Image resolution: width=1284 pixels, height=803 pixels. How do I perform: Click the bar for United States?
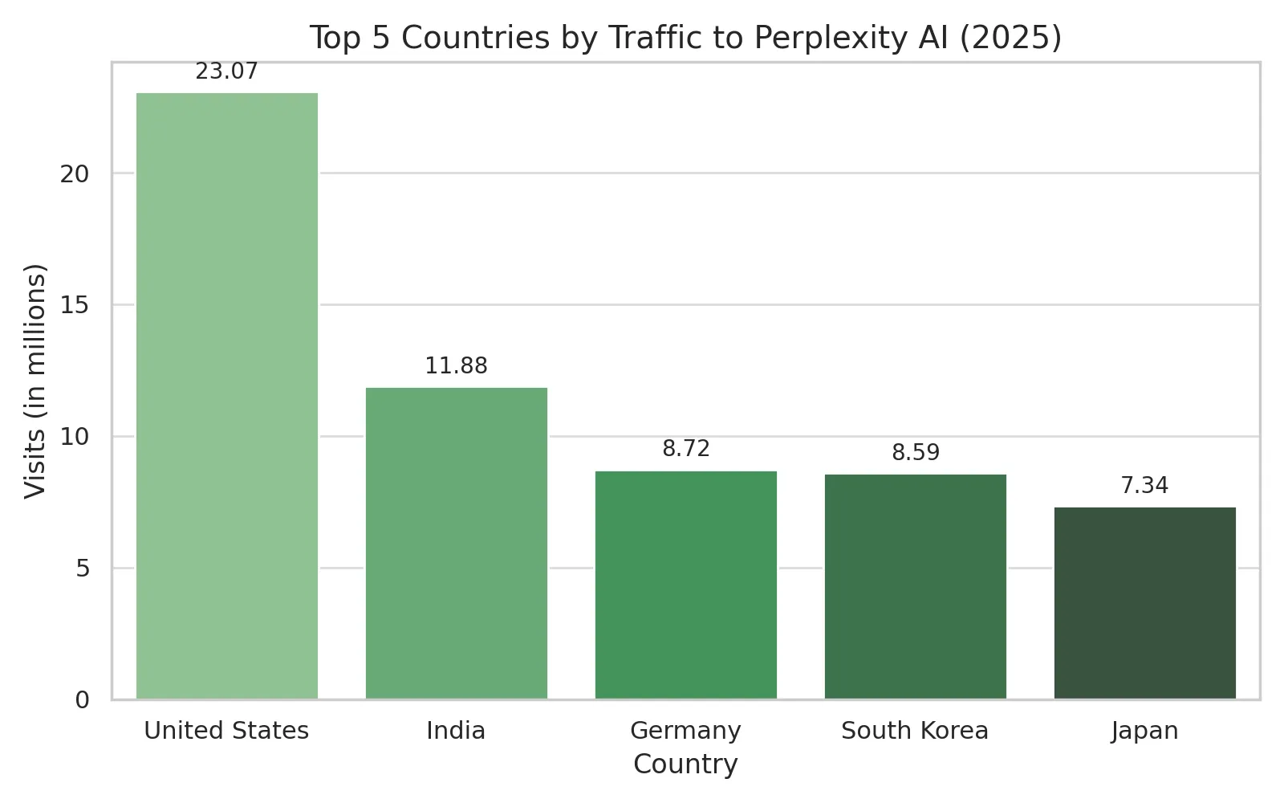227,396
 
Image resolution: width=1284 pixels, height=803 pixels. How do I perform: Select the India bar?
456,544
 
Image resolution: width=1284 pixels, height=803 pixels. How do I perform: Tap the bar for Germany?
685,585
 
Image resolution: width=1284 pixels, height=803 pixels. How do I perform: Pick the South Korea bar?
915,587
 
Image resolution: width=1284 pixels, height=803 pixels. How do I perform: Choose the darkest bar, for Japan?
1144,603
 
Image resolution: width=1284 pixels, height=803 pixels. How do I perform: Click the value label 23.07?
227,71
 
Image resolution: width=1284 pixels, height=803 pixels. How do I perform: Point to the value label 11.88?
456,366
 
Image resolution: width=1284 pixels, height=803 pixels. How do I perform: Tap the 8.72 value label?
685,449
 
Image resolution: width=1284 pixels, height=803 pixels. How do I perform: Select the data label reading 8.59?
915,453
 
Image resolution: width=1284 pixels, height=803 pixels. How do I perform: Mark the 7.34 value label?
1144,486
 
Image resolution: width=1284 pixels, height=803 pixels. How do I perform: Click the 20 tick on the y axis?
75,173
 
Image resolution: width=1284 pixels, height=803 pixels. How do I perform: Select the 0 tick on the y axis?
82,700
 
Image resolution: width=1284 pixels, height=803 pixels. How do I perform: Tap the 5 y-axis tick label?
82,569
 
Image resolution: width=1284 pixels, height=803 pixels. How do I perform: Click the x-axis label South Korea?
915,731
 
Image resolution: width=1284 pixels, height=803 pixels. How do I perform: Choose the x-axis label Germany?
685,731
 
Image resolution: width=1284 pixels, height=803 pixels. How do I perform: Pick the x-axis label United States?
226,731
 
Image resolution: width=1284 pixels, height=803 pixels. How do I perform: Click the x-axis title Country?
685,764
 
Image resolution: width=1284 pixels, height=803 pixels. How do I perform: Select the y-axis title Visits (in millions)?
36,381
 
